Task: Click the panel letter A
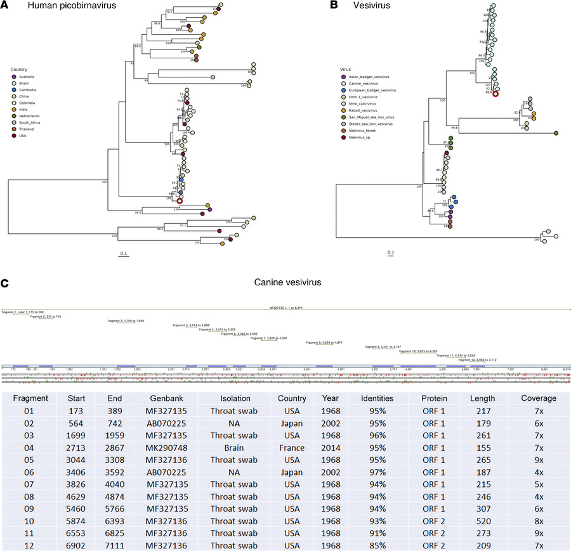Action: [6, 6]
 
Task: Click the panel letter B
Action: [332, 6]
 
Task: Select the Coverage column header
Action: [539, 399]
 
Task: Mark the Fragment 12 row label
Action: [27, 543]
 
